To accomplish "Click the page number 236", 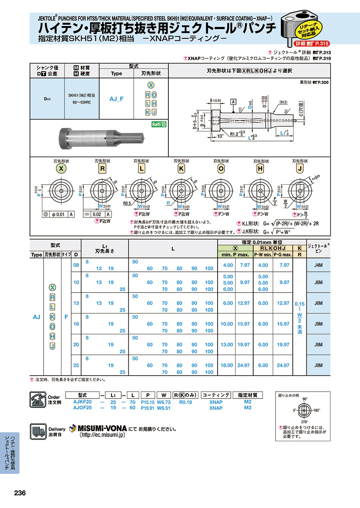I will (20, 493).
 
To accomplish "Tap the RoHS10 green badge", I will (159, 124).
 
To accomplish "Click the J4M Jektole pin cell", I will (319, 265).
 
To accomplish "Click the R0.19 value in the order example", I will (186, 402).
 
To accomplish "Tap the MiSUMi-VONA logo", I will (98, 428).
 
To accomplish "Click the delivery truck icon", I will (38, 432).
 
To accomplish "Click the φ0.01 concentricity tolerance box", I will (58, 214).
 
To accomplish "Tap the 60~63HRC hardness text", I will (81, 102).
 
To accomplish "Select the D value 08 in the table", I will (76, 265).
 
